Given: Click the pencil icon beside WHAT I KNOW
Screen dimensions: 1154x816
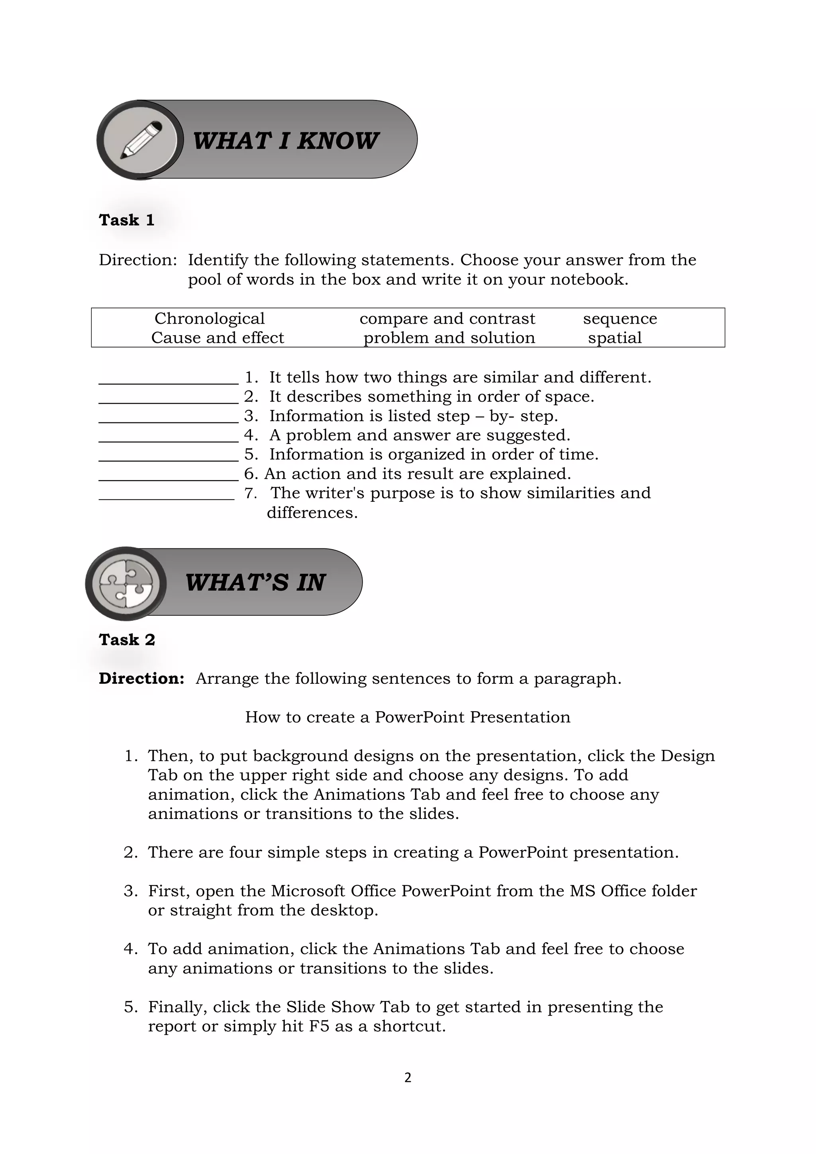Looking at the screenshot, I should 141,140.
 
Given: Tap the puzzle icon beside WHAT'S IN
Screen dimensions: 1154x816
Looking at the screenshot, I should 126,583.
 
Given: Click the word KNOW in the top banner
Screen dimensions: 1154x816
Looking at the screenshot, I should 337,141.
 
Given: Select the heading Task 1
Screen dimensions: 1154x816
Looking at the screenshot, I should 127,220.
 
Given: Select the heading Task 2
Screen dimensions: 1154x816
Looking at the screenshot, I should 127,640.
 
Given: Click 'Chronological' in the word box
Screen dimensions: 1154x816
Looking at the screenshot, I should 209,319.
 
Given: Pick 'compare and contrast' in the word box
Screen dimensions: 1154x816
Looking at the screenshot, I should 447,319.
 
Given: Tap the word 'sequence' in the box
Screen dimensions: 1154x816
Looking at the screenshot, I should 620,319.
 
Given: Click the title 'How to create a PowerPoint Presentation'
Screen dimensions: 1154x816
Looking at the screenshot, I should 408,717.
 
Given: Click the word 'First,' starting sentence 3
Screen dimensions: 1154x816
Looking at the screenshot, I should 169,891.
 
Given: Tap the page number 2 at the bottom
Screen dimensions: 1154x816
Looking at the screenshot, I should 408,1077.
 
